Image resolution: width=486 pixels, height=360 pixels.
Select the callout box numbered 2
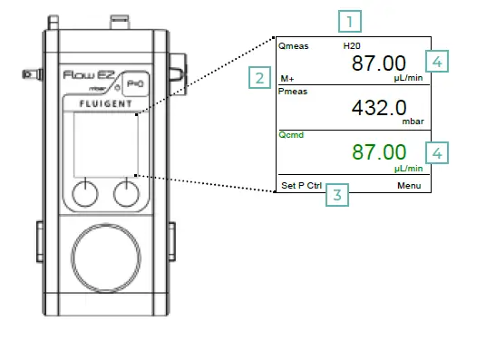(259, 78)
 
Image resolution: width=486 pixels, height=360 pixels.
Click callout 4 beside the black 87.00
(439, 62)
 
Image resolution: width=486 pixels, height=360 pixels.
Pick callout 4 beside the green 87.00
(439, 152)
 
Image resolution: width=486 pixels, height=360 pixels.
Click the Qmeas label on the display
(294, 44)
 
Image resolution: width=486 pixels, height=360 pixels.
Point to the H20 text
(352, 44)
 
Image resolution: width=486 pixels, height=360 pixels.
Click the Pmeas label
(294, 91)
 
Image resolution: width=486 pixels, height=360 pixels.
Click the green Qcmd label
(292, 135)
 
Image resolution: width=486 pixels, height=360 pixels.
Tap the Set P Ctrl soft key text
(301, 185)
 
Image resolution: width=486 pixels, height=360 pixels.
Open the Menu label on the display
(410, 185)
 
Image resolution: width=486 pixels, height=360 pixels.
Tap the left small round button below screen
(84, 191)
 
